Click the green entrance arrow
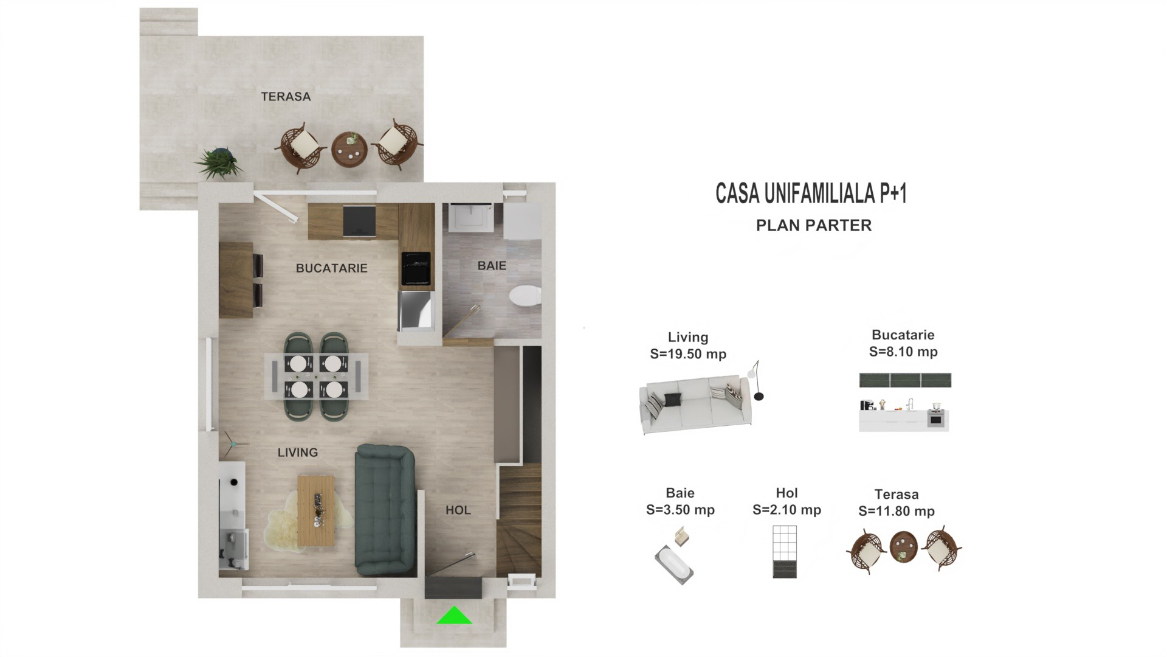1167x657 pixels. pyautogui.click(x=454, y=616)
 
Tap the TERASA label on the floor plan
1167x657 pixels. pyautogui.click(x=286, y=97)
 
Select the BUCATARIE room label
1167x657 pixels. pyautogui.click(x=332, y=268)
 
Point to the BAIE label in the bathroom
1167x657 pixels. pyautogui.click(x=492, y=266)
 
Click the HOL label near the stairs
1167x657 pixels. pyautogui.click(x=458, y=510)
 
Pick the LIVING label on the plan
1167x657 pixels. pyautogui.click(x=298, y=453)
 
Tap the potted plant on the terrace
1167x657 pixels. pyautogui.click(x=217, y=162)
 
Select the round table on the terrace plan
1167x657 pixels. pyautogui.click(x=349, y=150)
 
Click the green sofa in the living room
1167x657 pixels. pyautogui.click(x=385, y=510)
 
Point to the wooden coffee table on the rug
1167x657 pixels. pyautogui.click(x=316, y=510)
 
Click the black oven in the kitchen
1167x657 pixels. pyautogui.click(x=416, y=268)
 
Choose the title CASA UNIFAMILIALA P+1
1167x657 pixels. pyautogui.click(x=811, y=193)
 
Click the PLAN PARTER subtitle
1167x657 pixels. pyautogui.click(x=814, y=226)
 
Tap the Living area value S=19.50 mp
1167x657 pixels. pyautogui.click(x=688, y=354)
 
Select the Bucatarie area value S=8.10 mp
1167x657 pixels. pyautogui.click(x=903, y=352)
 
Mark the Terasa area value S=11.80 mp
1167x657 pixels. pyautogui.click(x=897, y=512)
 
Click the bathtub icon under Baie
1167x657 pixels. pyautogui.click(x=674, y=565)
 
